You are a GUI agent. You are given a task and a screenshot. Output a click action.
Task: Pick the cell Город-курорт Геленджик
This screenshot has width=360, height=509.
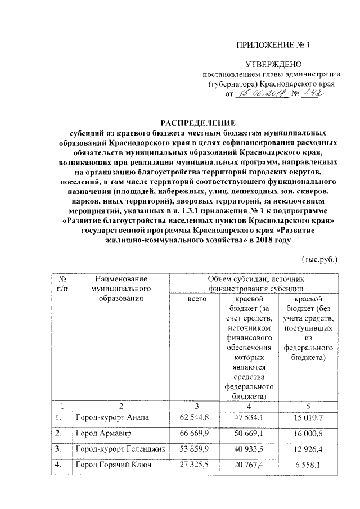(x=116, y=451)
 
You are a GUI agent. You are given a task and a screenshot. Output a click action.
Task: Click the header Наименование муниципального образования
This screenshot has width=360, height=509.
(x=121, y=289)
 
